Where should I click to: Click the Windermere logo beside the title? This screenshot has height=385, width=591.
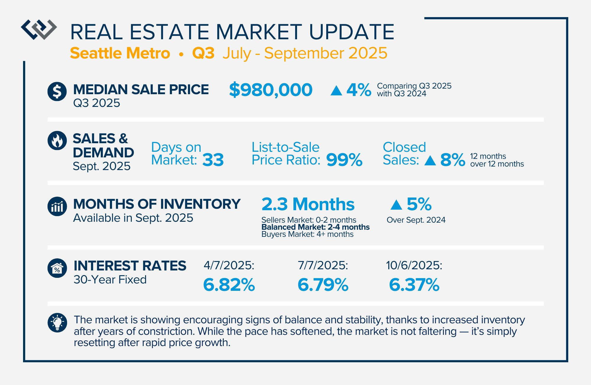point(39,30)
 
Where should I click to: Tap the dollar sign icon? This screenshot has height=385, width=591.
point(57,91)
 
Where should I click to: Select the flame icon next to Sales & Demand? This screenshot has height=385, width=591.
point(57,141)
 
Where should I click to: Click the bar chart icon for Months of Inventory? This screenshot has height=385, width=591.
point(57,206)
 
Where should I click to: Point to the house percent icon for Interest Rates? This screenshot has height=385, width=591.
point(57,268)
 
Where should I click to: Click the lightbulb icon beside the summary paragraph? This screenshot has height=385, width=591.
point(57,323)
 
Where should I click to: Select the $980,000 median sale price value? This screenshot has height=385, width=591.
point(271,90)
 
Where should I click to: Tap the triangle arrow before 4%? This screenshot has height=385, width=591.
point(336,90)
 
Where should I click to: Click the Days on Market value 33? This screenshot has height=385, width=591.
point(213,160)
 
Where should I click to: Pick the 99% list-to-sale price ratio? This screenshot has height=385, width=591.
point(344,160)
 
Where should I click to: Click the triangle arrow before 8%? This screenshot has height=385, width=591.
point(430,161)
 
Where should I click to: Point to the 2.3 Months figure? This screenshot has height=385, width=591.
point(308,204)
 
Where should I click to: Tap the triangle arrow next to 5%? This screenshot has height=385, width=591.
point(396,205)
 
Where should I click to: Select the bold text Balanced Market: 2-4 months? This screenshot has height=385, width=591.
point(316,227)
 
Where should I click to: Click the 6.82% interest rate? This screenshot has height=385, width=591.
point(229,285)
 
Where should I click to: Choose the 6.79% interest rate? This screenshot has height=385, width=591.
point(323,285)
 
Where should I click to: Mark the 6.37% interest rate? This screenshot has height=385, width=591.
point(414,285)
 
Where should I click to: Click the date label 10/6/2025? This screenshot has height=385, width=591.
point(414,265)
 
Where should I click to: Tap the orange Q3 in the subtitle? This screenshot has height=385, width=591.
point(203,53)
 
